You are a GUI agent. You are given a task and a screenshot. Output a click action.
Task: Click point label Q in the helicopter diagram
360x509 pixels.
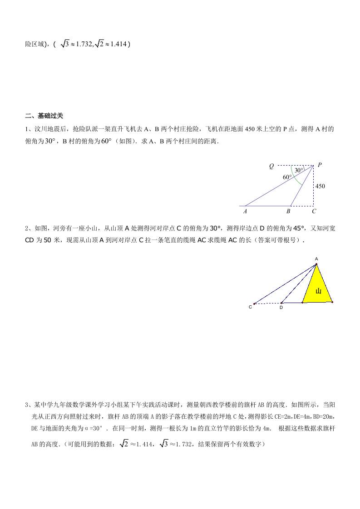271,166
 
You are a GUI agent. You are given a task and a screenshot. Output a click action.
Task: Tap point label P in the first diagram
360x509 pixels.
320,165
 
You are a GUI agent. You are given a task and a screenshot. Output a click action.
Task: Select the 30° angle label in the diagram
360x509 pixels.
298,170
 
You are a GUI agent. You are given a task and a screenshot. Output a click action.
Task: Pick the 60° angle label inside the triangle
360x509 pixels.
287,177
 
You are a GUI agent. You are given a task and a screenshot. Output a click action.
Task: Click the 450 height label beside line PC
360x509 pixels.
320,186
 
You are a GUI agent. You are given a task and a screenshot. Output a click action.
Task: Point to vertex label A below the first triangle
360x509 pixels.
245,211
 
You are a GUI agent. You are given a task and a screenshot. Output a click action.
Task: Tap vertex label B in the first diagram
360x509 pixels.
288,211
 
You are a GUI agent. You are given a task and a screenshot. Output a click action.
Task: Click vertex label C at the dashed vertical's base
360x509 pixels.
314,211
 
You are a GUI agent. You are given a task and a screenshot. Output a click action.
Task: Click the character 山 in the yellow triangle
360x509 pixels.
318,291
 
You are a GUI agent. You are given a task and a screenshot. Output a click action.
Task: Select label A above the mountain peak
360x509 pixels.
316,259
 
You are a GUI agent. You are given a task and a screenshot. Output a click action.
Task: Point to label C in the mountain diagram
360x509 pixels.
250,307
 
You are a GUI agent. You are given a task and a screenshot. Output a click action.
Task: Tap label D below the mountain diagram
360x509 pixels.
281,308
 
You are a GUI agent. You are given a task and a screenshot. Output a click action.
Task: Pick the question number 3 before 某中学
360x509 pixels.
27,405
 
